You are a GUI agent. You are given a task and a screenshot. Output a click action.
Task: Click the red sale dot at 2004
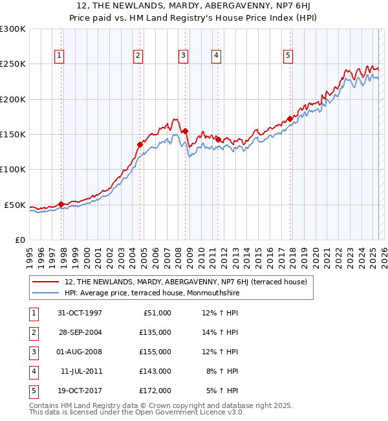tap(140, 145)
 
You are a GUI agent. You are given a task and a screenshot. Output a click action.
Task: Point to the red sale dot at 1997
tap(61, 204)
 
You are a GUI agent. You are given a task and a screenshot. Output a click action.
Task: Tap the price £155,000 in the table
tap(155, 352)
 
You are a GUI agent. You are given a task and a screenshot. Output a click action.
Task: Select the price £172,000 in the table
tap(155, 391)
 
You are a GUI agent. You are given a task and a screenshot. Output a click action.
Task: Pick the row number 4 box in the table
tap(32, 371)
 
